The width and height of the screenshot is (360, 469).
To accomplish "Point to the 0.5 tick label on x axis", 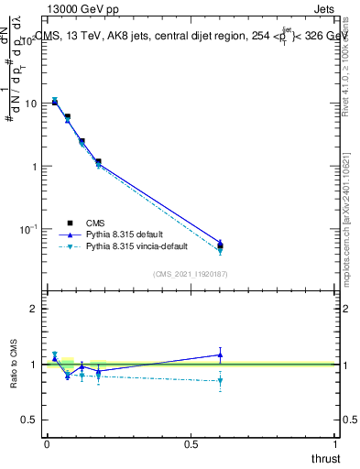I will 191,443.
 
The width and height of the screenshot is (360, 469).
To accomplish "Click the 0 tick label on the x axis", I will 47,443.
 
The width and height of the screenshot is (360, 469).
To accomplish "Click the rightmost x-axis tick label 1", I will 336,443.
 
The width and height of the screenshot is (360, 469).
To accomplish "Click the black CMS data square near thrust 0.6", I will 220,245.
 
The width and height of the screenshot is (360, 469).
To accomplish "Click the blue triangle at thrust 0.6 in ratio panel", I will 220,354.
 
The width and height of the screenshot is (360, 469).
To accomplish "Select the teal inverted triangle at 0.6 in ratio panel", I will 220,380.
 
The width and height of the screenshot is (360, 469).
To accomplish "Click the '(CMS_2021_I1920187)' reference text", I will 191,273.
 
